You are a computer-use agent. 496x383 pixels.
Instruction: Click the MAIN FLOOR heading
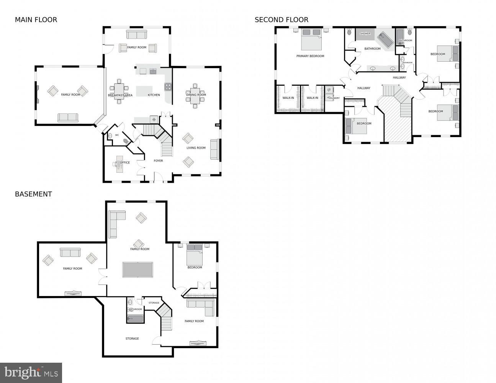click(36, 20)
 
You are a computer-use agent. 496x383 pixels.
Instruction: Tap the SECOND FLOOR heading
click(282, 20)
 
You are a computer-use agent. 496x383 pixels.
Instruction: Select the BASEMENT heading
click(33, 194)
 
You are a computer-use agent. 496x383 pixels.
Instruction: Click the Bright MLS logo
click(31, 372)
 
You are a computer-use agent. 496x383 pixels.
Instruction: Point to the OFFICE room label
click(125, 162)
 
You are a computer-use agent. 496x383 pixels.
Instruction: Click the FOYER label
click(158, 161)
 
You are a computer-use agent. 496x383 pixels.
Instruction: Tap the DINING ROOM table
click(196, 95)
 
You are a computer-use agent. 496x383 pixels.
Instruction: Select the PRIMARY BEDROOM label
click(310, 56)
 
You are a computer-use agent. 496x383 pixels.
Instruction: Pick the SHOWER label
click(365, 34)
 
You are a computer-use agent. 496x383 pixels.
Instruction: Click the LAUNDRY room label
click(334, 98)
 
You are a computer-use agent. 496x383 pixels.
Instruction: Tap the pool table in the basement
click(138, 269)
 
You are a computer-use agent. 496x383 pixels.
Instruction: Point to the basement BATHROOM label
click(135, 309)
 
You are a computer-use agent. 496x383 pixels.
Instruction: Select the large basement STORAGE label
click(132, 339)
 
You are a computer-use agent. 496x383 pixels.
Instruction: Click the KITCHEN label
click(154, 95)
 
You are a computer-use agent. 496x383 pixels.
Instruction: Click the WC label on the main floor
click(117, 135)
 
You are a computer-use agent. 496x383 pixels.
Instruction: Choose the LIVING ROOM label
click(196, 148)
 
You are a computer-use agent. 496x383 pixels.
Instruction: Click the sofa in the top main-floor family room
click(137, 35)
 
